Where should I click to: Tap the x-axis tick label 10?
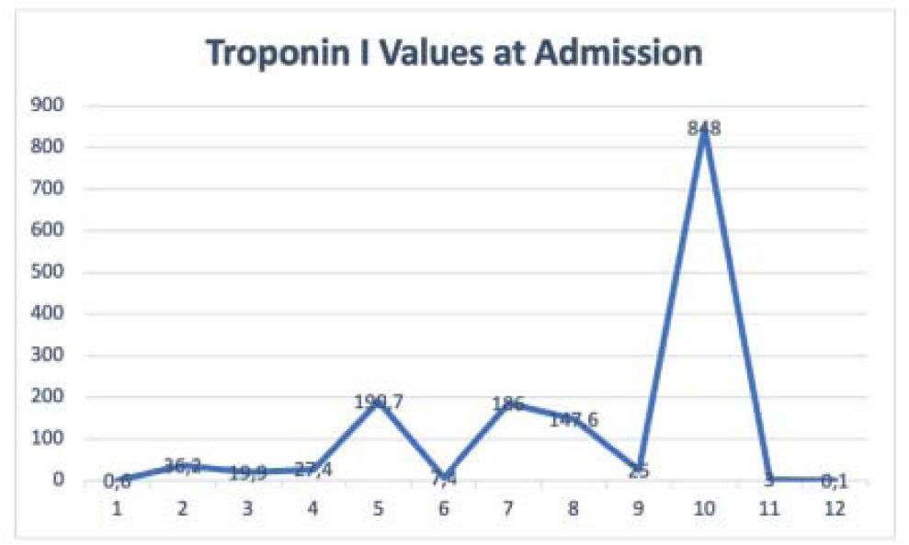click(704, 506)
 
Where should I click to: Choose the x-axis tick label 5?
click(378, 506)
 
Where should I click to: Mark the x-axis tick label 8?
click(574, 506)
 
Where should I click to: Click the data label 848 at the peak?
click(704, 130)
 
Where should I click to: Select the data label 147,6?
click(574, 420)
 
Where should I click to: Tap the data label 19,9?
click(248, 473)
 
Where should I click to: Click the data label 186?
click(508, 403)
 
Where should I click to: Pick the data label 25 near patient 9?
click(639, 471)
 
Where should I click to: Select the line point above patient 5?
click(378, 402)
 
